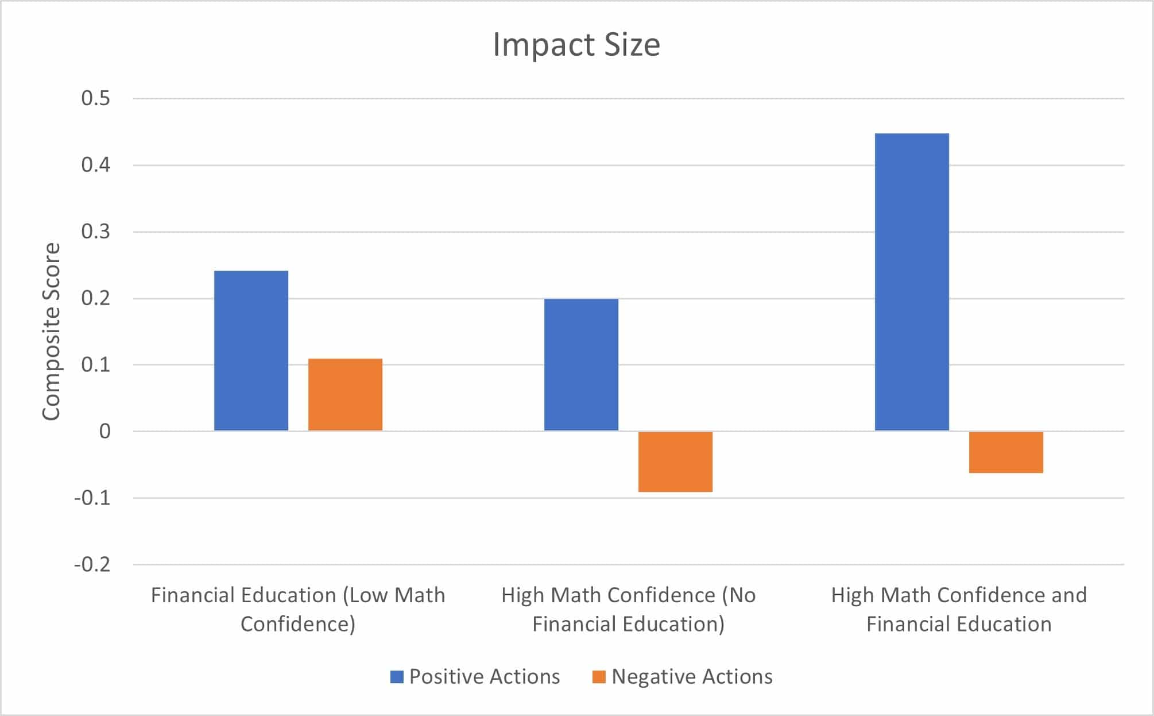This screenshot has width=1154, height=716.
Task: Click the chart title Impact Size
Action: pos(576,45)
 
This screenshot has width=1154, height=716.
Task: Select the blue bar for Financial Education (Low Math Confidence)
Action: pos(251,351)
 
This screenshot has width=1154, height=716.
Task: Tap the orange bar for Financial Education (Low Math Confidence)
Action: pos(345,395)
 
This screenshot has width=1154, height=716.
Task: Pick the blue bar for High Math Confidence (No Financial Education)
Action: pos(581,364)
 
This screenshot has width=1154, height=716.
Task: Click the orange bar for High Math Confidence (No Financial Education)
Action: pos(675,461)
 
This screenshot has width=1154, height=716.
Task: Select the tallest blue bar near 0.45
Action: pos(912,282)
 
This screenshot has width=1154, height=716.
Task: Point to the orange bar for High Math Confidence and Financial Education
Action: pos(1006,452)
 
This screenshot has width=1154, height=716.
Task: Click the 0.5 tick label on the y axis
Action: pos(95,98)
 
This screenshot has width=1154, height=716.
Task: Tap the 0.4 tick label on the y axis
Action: pos(95,165)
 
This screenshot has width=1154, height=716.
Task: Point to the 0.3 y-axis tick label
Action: pos(95,232)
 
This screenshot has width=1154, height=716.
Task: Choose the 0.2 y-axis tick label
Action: pos(95,298)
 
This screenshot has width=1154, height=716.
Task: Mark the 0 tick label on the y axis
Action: pos(104,431)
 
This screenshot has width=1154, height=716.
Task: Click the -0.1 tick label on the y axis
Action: pos(92,498)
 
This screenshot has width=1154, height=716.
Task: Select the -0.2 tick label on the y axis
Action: pos(92,564)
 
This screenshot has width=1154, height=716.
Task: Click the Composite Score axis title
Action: pos(51,332)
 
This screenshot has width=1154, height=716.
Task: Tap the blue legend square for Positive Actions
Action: pos(397,677)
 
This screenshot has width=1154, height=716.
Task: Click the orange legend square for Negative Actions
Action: pos(599,677)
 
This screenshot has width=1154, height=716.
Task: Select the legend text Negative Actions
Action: pos(692,677)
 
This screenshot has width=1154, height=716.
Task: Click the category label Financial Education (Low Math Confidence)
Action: pos(298,609)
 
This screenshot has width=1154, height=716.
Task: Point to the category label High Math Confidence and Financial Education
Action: pos(959,609)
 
